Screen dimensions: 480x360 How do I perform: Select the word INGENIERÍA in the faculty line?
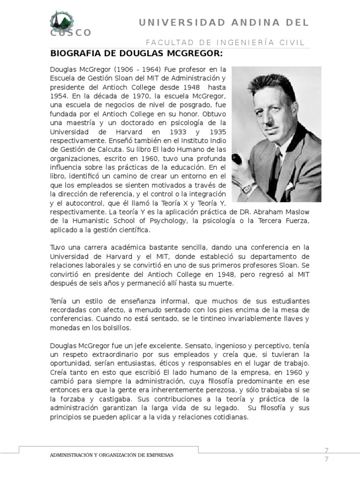[236, 42]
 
